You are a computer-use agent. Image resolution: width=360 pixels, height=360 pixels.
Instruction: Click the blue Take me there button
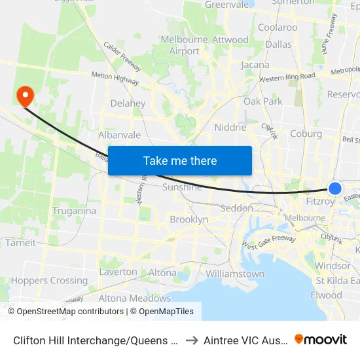(180, 161)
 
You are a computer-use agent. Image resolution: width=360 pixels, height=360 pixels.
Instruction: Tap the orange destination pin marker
(26, 97)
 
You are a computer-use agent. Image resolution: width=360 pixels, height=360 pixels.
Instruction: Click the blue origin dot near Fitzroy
(334, 189)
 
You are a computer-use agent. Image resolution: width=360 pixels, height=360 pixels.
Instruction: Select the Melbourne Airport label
(185, 46)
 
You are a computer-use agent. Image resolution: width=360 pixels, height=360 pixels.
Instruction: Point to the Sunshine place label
(182, 187)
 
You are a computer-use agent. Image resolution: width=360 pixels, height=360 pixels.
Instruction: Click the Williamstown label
(235, 274)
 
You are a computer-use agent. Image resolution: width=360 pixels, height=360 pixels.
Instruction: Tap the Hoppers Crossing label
(49, 281)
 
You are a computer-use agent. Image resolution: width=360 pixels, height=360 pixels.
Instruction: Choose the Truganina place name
(74, 211)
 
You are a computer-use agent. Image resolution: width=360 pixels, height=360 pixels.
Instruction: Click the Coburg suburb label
(306, 134)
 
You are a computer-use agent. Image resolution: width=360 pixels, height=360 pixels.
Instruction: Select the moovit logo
(320, 339)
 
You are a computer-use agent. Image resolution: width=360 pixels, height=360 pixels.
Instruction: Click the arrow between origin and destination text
(192, 340)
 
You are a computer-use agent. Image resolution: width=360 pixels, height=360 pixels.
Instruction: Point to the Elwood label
(326, 295)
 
